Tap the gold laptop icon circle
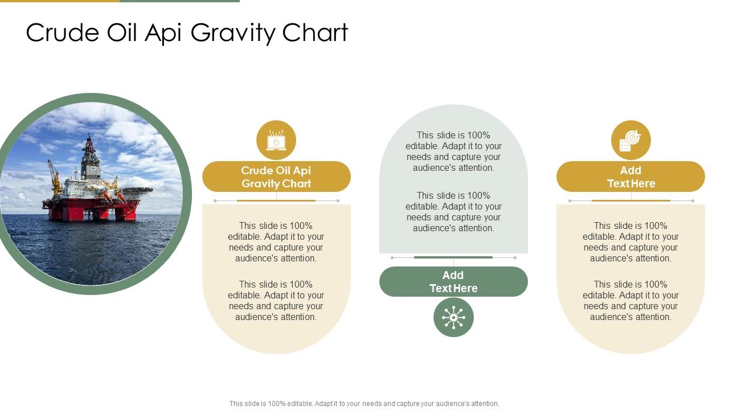point(276,140)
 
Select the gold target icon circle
point(631,140)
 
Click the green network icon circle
point(453,317)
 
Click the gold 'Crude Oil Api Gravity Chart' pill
point(276,177)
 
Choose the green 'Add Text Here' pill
point(453,281)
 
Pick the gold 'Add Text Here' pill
point(630,177)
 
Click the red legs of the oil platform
point(91,212)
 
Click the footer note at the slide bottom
point(364,404)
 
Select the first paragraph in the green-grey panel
point(453,151)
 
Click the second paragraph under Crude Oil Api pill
point(276,301)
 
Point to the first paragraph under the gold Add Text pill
point(630,242)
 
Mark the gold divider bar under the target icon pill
point(630,200)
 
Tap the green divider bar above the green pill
point(453,257)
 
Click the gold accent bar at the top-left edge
point(60,1)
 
